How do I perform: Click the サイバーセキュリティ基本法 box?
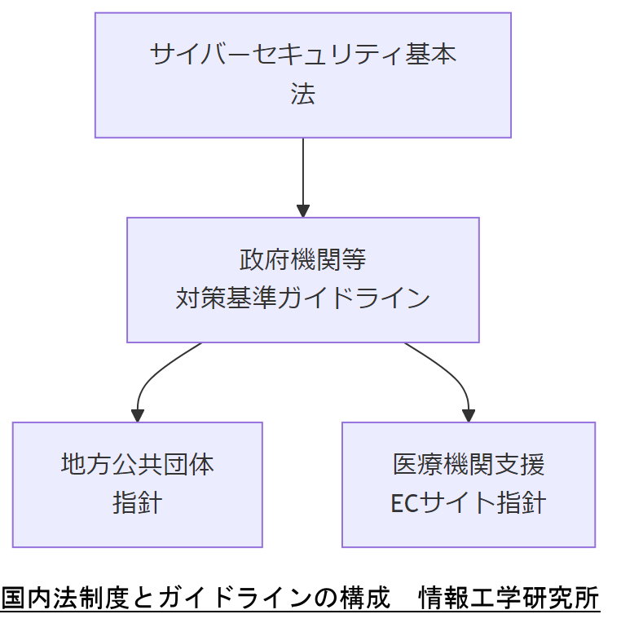(302, 75)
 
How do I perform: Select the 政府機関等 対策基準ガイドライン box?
(302, 280)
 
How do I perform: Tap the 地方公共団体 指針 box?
(137, 484)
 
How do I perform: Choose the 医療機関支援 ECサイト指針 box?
(468, 484)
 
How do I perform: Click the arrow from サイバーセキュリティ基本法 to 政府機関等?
(303, 175)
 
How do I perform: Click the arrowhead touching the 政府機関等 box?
(303, 211)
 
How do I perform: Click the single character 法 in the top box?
(302, 95)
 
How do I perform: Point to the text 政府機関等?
(302, 260)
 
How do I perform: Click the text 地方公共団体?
(137, 465)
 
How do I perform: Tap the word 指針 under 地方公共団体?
(137, 503)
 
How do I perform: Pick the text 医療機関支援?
(468, 465)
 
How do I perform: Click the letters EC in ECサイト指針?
(403, 504)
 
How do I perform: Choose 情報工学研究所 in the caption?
(509, 599)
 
